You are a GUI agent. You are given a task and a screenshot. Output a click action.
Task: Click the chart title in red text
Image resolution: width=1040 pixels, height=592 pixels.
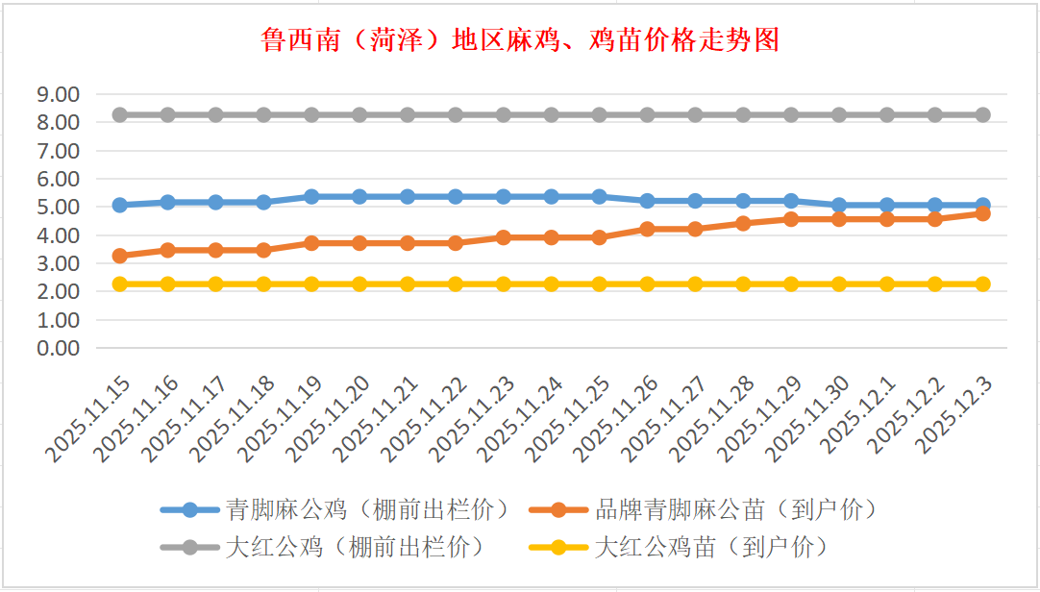pos(520,40)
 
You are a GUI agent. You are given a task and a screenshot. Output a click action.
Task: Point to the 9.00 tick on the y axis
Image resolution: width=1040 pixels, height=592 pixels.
pos(57,94)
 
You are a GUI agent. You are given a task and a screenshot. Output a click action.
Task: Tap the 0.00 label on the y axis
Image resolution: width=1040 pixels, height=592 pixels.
pos(57,348)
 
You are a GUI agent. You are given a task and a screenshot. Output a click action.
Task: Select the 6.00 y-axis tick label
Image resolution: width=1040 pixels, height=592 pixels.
pos(57,179)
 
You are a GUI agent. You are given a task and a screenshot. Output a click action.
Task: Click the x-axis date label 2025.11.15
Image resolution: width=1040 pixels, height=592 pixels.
pos(87,419)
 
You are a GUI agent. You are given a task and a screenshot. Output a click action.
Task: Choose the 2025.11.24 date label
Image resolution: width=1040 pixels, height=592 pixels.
pos(520,419)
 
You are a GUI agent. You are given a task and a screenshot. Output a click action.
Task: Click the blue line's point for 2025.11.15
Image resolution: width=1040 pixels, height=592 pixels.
pos(120,205)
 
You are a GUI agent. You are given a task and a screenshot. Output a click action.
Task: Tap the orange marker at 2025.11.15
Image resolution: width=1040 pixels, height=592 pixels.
pos(120,256)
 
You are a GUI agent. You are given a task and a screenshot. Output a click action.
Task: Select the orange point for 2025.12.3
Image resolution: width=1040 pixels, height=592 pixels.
pos(983,213)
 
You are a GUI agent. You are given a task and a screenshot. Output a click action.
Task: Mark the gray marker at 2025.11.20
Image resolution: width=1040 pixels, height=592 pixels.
pos(359,114)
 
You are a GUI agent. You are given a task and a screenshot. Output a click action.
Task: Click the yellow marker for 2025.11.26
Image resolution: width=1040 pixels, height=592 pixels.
pos(647,284)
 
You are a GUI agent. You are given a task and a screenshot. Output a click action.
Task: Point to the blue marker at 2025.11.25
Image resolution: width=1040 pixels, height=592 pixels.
pos(599,196)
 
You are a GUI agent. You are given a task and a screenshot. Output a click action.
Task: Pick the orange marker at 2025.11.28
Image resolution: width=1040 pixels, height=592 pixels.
pos(743,223)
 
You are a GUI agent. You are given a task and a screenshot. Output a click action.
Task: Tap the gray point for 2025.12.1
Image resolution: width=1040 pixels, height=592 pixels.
pos(887,114)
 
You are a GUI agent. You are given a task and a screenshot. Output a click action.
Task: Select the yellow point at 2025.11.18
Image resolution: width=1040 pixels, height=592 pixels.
pos(263,284)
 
